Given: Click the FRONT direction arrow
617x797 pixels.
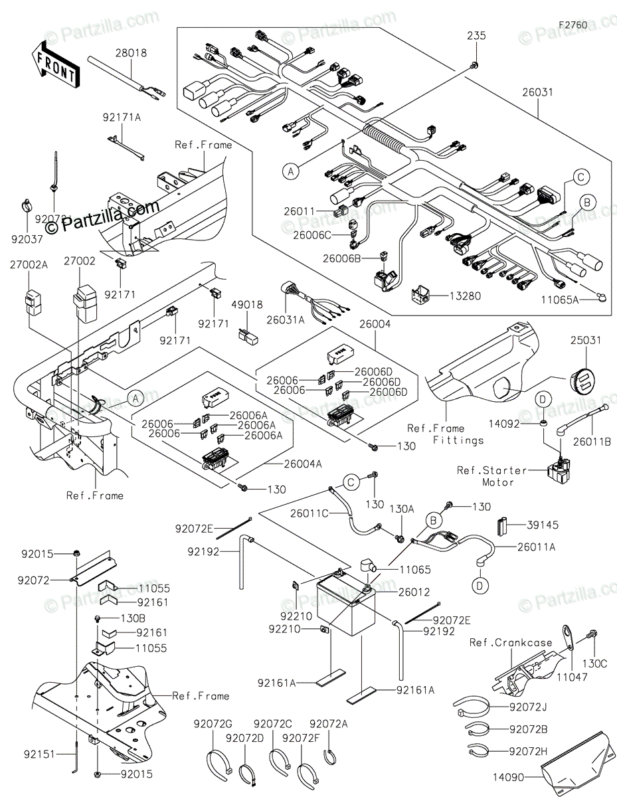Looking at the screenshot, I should (55, 62).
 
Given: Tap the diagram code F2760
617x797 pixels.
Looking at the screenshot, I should (573, 25).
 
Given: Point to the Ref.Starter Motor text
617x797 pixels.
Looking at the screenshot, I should (491, 476).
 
